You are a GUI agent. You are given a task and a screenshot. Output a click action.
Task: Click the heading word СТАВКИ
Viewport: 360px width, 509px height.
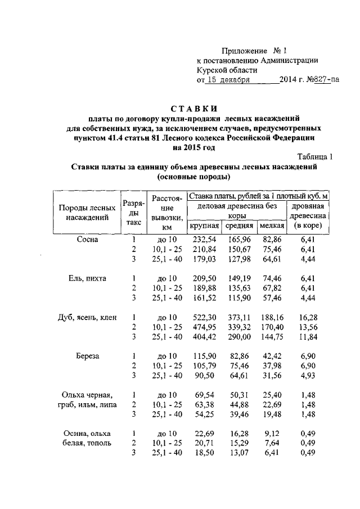click(x=194, y=108)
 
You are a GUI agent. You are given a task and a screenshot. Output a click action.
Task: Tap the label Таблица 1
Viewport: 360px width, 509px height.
click(x=315, y=157)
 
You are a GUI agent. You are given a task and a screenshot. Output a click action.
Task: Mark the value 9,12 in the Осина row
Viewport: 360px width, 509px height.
click(x=272, y=434)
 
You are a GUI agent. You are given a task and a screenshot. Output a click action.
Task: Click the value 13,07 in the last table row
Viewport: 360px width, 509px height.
click(x=239, y=453)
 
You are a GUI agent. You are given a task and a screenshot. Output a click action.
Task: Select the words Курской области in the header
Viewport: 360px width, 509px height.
click(x=227, y=70)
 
